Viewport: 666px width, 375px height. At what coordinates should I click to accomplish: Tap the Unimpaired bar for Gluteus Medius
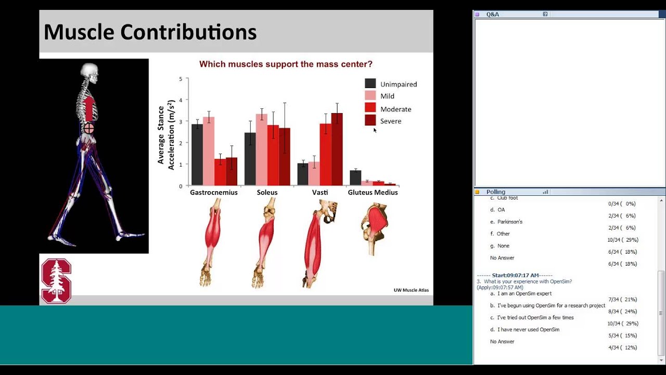click(x=355, y=178)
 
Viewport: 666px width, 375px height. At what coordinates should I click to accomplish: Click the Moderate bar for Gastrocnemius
click(x=220, y=172)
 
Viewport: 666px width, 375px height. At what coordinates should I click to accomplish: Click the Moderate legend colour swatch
click(x=370, y=108)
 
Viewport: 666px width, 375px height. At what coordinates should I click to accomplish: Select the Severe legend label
click(x=391, y=121)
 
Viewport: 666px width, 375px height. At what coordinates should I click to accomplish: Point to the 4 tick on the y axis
click(x=181, y=100)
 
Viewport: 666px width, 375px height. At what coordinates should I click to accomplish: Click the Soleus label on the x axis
click(x=267, y=192)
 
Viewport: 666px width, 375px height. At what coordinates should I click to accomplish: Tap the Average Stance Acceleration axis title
click(x=165, y=135)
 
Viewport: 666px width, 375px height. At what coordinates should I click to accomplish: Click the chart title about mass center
click(x=286, y=65)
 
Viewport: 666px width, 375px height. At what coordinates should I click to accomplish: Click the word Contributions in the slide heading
click(x=188, y=32)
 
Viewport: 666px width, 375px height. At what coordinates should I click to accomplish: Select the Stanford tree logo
click(x=56, y=281)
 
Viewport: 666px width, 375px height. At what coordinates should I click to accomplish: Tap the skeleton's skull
click(x=89, y=71)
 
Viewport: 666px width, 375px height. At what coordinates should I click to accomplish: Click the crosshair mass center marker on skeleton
click(x=89, y=128)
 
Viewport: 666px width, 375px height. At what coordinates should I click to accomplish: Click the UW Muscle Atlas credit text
click(x=411, y=290)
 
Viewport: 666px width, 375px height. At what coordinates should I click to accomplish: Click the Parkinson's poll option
click(x=509, y=222)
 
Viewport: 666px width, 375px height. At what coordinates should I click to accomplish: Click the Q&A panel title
click(x=492, y=15)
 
